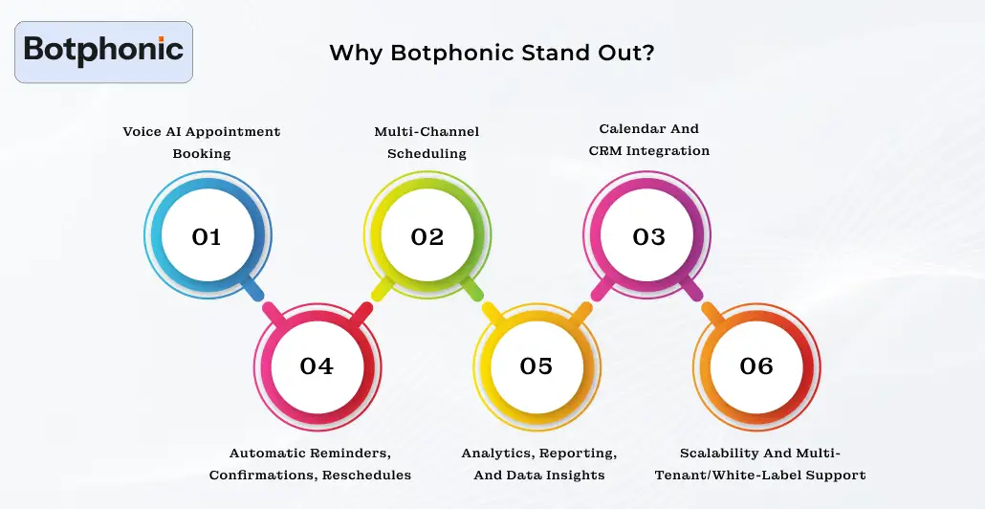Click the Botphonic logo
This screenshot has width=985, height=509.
[103, 50]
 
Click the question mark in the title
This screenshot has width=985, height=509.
[649, 53]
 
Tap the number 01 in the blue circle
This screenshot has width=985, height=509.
[207, 236]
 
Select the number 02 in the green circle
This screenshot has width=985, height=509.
[427, 236]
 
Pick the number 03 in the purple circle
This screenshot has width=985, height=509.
[648, 236]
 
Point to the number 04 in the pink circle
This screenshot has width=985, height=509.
[317, 365]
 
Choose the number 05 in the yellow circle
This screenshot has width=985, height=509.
[536, 365]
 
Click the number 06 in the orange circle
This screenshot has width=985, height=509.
[756, 365]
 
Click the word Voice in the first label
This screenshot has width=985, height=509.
[142, 131]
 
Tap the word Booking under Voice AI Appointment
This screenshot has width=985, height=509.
[202, 153]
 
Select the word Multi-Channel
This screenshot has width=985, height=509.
[427, 131]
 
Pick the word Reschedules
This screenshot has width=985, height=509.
[366, 475]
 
